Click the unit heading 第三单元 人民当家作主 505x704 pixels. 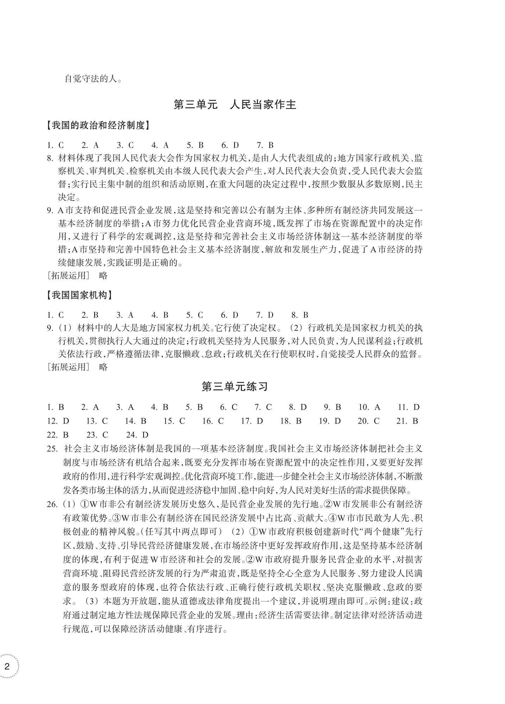(x=235, y=105)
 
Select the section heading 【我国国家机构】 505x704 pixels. (x=79, y=295)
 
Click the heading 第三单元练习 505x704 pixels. (x=235, y=387)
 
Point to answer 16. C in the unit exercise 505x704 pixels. (x=213, y=421)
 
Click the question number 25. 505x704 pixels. (x=52, y=449)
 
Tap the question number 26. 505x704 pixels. (x=52, y=504)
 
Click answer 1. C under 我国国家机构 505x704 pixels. (x=55, y=315)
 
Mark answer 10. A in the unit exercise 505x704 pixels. (x=369, y=407)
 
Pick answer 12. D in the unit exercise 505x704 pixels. (x=58, y=421)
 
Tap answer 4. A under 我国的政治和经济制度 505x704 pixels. (x=160, y=145)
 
